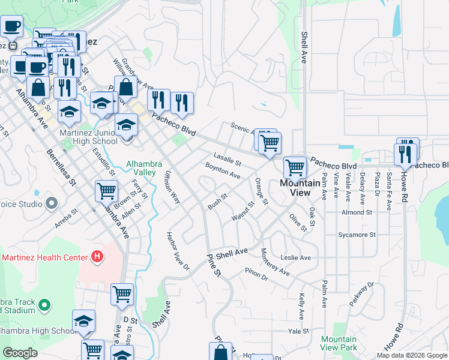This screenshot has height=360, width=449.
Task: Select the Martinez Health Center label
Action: pyautogui.click(x=45, y=258)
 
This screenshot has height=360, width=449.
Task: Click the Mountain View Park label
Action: pyautogui.click(x=339, y=343)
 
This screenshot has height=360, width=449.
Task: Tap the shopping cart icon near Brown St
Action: pyautogui.click(x=106, y=191)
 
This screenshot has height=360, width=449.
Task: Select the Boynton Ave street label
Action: pyautogui.click(x=223, y=172)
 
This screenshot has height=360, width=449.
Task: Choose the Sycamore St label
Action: pyautogui.click(x=357, y=235)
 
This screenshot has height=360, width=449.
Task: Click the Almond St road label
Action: pyautogui.click(x=357, y=212)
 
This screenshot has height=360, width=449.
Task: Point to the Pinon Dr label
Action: pyautogui.click(x=256, y=274)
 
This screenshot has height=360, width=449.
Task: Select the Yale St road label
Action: pyautogui.click(x=298, y=331)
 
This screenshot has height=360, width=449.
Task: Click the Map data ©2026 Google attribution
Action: pyautogui.click(x=411, y=355)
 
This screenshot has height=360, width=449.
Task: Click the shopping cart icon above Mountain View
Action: pyautogui.click(x=295, y=167)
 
